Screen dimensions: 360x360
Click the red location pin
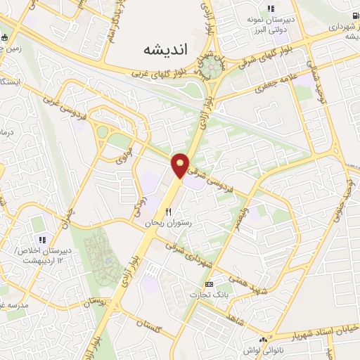(181, 165)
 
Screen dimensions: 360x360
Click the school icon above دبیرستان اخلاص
(41, 239)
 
